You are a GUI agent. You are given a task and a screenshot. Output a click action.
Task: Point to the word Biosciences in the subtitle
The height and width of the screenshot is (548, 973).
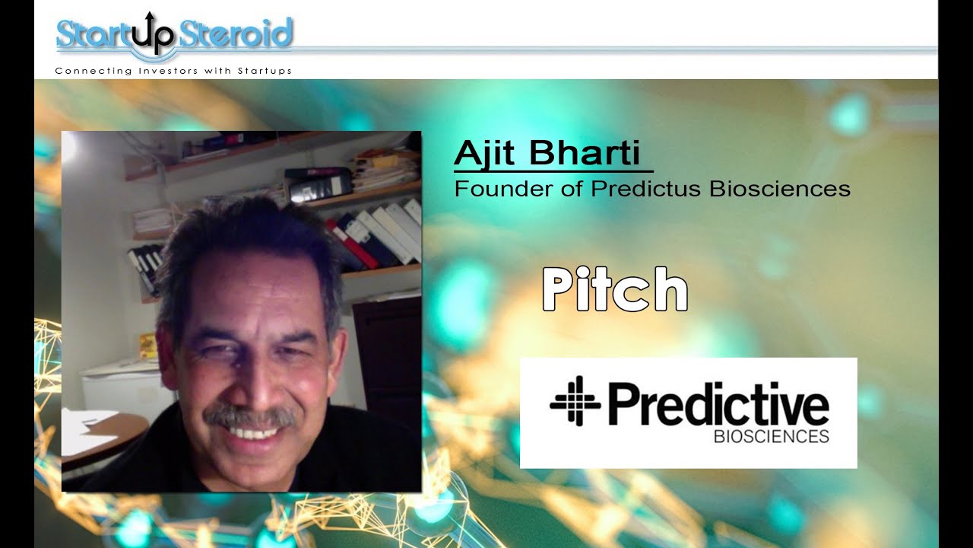(x=780, y=189)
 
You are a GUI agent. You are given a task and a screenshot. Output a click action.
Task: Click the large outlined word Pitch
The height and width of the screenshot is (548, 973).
(x=614, y=289)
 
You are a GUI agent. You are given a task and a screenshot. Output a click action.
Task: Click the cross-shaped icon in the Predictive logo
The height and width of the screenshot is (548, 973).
(x=575, y=400)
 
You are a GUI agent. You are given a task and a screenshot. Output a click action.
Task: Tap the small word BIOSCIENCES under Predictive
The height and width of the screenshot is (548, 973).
(x=771, y=437)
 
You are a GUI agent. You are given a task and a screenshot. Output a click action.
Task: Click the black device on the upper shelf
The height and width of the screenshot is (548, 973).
(x=318, y=183)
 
